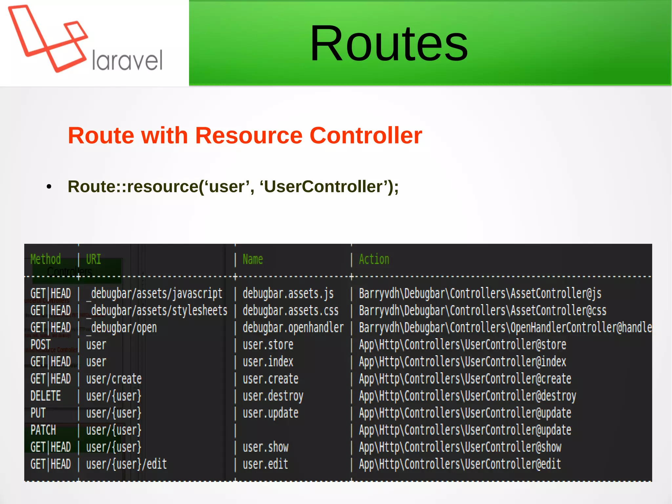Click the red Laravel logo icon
pyautogui.click(x=48, y=39)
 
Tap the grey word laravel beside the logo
pyautogui.click(x=127, y=61)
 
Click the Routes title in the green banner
pyautogui.click(x=389, y=43)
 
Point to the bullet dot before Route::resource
pyautogui.click(x=49, y=187)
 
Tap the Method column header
pyautogui.click(x=46, y=259)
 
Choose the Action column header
pyautogui.click(x=374, y=259)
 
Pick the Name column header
pyautogui.click(x=253, y=259)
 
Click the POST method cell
pyautogui.click(x=41, y=345)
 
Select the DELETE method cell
pyautogui.click(x=46, y=396)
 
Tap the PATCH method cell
pyautogui.click(x=43, y=430)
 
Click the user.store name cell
pyautogui.click(x=268, y=345)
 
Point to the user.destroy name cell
pyautogui.click(x=273, y=396)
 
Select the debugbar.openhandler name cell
pyautogui.click(x=293, y=328)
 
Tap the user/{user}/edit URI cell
pyautogui.click(x=126, y=464)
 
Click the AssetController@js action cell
pyautogui.click(x=480, y=294)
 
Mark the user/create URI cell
pyautogui.click(x=114, y=379)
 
